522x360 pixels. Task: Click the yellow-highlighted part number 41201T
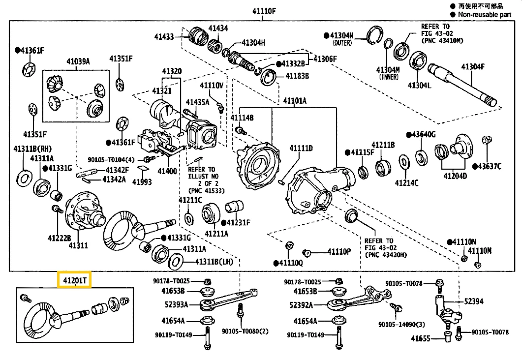coord(74,280)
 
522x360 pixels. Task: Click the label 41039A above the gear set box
coord(78,61)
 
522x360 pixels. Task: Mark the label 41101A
coord(294,101)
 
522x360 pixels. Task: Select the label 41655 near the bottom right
coord(421,338)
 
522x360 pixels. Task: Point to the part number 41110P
coord(339,251)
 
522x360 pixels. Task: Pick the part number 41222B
coord(60,238)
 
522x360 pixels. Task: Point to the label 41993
coord(143,182)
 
